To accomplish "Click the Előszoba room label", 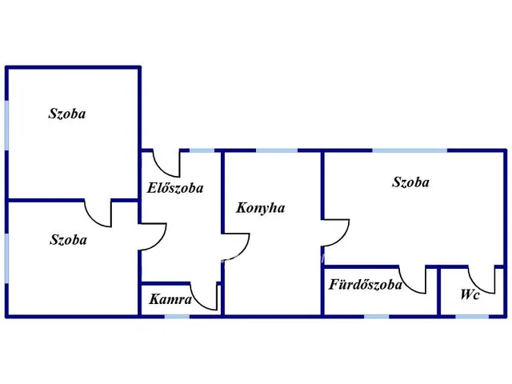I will point(175,189).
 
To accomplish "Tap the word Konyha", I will point(261,208).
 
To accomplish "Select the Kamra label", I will point(170,300).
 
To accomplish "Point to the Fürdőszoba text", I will point(365,285).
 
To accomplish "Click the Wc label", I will point(470,294).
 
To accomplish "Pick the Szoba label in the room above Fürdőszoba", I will point(410,182).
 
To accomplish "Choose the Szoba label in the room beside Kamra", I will point(68,239).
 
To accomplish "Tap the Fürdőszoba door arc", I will point(414,280).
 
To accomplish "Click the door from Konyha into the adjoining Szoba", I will point(336,232).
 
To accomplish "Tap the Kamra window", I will point(177,316).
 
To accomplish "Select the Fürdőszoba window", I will point(376,316).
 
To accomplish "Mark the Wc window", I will point(472,316).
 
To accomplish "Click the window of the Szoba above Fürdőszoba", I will point(410,150).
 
